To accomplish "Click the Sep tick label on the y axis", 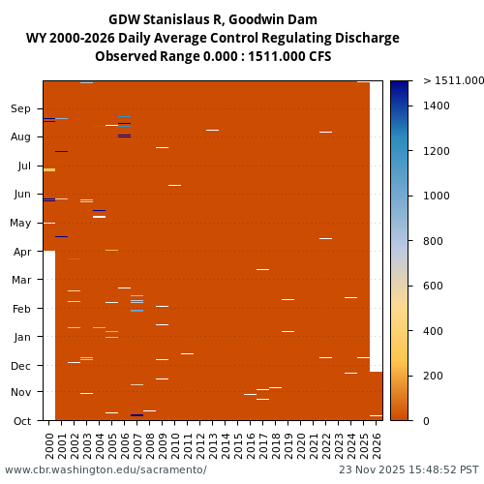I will tap(21, 108).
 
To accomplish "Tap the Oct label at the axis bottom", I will tap(21, 421).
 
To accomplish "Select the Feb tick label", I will tap(21, 309).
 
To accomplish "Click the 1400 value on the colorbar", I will tap(437, 106).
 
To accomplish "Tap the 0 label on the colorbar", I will tap(424, 421).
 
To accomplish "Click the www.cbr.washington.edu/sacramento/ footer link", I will tap(106, 469).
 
